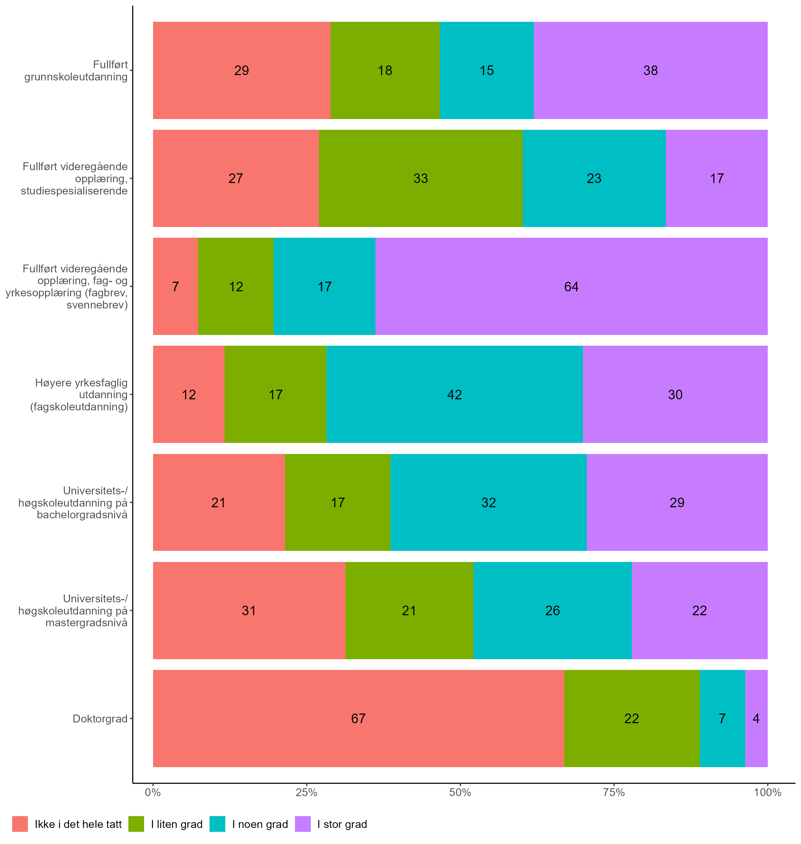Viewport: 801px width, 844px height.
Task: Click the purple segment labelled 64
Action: [571, 286]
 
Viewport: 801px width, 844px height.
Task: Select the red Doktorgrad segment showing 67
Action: [358, 719]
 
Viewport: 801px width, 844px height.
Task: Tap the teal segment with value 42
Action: [454, 394]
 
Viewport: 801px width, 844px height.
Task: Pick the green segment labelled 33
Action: [421, 178]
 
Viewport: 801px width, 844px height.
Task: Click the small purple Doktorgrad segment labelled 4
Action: [756, 719]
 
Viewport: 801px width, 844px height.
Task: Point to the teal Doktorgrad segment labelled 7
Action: [722, 719]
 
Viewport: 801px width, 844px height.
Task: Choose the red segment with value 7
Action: [176, 286]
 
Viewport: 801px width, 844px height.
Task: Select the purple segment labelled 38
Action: [650, 70]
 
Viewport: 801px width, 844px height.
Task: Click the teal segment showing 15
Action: [487, 70]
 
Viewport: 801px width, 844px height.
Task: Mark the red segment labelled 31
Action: [249, 611]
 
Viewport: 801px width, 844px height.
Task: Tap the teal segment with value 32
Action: [488, 503]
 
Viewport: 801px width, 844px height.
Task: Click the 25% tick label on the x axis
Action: [306, 793]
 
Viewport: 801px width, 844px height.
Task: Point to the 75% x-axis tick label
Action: [614, 793]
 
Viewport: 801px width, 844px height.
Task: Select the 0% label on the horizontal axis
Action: [153, 793]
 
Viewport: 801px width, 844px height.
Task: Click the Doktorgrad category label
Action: [100, 719]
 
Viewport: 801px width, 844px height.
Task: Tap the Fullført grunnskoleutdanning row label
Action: [76, 71]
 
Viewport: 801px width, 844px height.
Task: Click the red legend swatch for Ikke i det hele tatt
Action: [20, 824]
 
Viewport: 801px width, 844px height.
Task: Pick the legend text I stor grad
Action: [342, 824]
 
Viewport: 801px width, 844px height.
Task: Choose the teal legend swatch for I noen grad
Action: [217, 824]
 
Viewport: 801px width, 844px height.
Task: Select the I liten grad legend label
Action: [177, 824]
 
